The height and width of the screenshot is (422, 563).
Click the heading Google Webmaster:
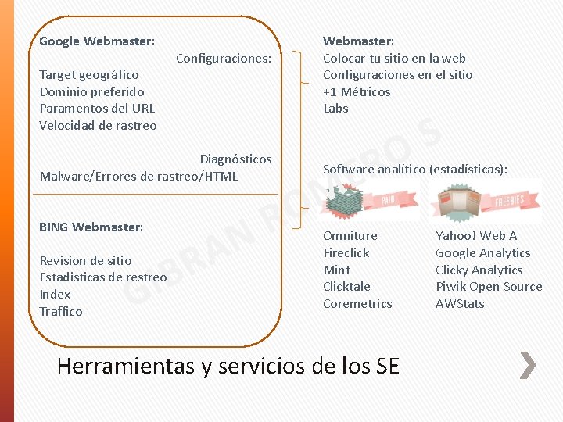click(97, 41)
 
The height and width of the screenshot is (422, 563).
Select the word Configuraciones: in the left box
click(224, 58)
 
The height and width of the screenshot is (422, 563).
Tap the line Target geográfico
click(89, 75)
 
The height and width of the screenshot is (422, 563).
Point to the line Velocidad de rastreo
click(98, 125)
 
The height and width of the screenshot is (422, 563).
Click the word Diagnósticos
click(236, 159)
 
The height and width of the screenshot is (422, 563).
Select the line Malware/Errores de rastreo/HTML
click(138, 176)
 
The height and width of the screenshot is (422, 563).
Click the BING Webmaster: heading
click(91, 227)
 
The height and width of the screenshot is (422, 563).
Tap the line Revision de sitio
click(85, 260)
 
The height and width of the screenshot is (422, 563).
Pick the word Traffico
click(61, 311)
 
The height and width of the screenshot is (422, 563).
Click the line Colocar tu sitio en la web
click(394, 58)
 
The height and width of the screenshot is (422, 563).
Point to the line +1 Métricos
click(357, 91)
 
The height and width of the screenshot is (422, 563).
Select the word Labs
click(335, 108)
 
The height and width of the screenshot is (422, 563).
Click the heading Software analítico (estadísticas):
click(415, 169)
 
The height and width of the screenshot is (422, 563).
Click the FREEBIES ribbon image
click(485, 201)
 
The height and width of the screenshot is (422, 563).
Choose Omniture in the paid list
click(350, 235)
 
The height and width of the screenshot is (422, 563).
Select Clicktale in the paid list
click(346, 286)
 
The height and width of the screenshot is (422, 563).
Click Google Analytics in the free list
click(482, 252)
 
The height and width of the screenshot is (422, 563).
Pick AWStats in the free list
click(460, 303)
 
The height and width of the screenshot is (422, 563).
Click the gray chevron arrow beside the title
click(528, 365)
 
